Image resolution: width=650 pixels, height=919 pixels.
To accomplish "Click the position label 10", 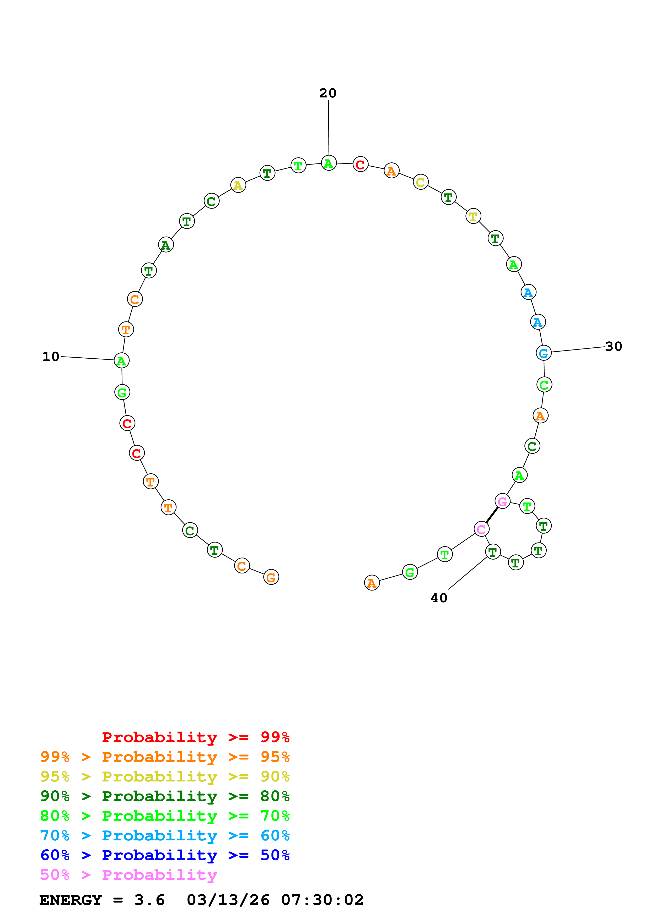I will (x=51, y=356).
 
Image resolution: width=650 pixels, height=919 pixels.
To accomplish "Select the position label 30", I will (x=614, y=346).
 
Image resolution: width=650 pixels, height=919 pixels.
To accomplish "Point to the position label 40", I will (x=439, y=598).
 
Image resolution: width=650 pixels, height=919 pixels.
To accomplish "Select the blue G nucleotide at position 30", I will (x=544, y=353).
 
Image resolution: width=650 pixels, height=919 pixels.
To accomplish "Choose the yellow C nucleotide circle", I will (x=421, y=182).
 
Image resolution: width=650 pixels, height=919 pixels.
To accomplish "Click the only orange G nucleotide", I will (x=271, y=577).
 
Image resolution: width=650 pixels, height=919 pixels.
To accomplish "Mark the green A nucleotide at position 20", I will (x=329, y=163).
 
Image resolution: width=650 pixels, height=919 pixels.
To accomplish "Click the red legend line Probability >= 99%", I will (x=195, y=737).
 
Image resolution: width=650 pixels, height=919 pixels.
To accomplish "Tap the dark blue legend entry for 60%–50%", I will (x=165, y=855).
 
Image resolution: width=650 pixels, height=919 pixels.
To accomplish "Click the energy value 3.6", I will (x=149, y=900).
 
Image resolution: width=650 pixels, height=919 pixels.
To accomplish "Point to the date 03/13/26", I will (x=228, y=900).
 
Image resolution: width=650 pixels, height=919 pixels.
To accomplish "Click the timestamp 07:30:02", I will (x=323, y=900).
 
